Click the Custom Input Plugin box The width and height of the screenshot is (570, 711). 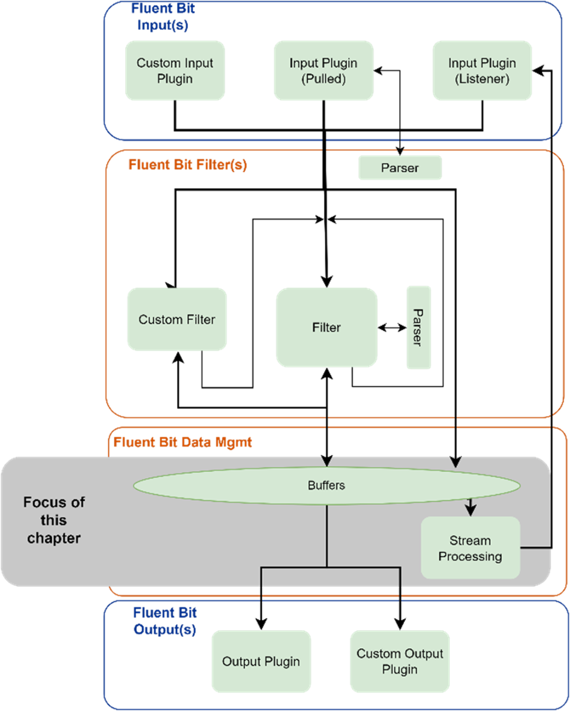point(175,70)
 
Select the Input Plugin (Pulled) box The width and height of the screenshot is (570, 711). point(323,70)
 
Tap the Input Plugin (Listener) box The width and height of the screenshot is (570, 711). point(482,70)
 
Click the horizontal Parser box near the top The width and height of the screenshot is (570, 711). point(400,168)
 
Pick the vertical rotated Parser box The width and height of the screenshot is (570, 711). point(419,328)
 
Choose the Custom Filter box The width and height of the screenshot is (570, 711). point(177,320)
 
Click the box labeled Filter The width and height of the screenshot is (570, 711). point(326,328)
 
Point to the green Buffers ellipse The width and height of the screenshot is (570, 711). point(326,486)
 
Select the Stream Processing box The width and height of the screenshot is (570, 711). point(470,548)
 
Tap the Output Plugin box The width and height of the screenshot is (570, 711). point(261,662)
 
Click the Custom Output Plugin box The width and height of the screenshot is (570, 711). point(400,661)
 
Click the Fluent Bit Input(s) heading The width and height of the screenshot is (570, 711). point(163,17)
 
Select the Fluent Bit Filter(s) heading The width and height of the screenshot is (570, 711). point(188,165)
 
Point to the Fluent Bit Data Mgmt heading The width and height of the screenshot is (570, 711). point(182,442)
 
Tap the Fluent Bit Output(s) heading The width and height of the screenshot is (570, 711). point(165,621)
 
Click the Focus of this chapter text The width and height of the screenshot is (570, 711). point(54,520)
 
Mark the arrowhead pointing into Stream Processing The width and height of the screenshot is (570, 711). point(470,510)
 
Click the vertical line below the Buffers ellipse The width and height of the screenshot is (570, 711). point(327,536)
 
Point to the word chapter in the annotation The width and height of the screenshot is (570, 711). point(54,538)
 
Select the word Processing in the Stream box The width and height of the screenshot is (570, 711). point(470,557)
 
